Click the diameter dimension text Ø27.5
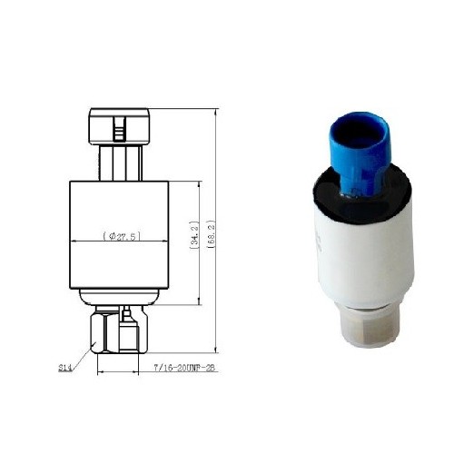(x=119, y=236)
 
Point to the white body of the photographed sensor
(x=363, y=254)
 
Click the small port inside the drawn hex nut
(x=127, y=316)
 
